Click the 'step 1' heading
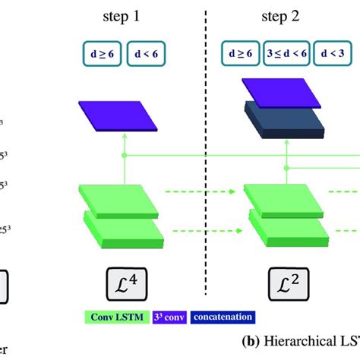tap(122, 16)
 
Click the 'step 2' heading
tap(281, 16)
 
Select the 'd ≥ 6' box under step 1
tap(96, 54)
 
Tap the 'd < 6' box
tap(145, 54)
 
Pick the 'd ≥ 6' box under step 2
tap(238, 54)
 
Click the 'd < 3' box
tap(333, 54)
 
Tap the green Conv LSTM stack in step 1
tap(122, 216)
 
